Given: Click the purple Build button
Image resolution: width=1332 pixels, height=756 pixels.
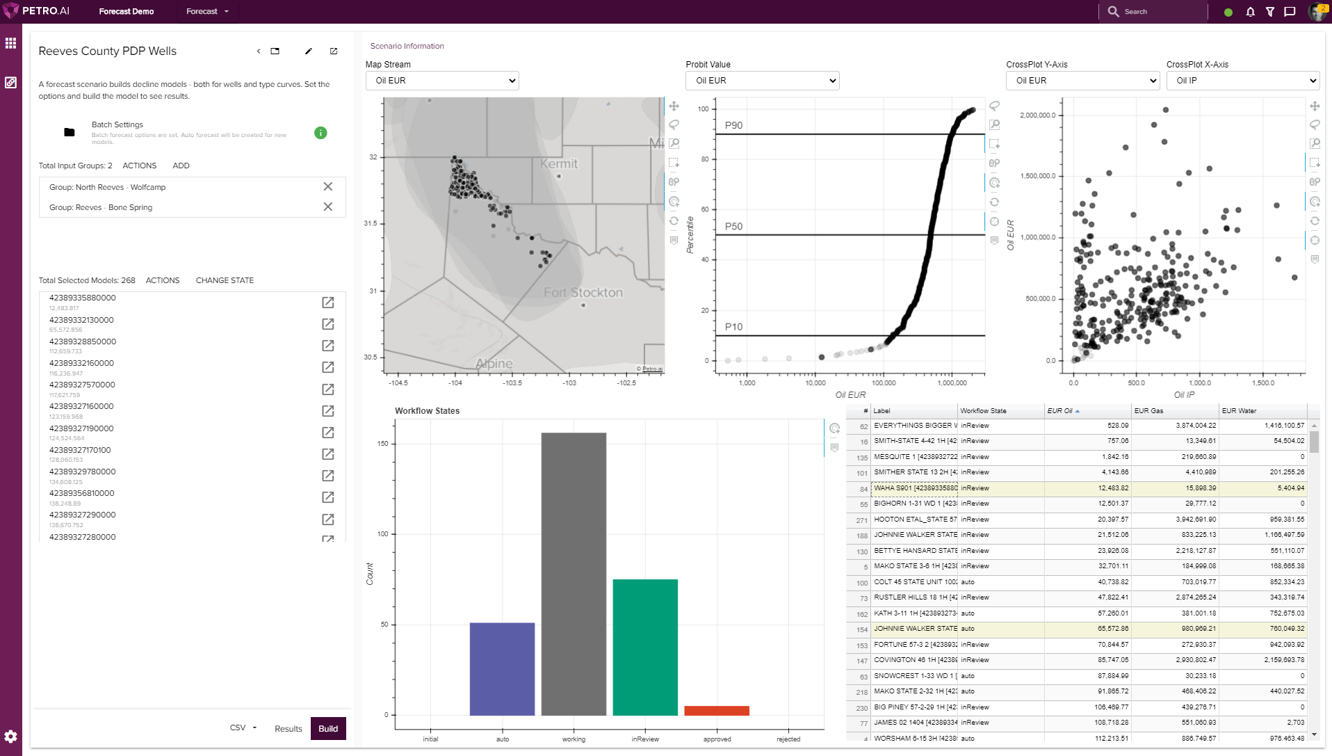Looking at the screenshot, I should click(x=328, y=728).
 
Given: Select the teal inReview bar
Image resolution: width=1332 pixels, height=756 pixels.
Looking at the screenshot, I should click(x=645, y=647).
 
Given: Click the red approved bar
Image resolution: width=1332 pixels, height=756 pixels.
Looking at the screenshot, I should click(x=717, y=710).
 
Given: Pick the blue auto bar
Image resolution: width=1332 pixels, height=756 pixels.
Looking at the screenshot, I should click(x=502, y=668).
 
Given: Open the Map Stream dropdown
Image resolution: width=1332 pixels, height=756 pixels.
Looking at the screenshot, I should click(x=442, y=81).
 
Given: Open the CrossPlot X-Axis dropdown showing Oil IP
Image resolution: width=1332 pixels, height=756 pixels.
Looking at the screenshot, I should click(x=1242, y=81).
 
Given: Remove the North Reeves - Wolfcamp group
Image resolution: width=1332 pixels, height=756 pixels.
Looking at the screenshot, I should click(x=328, y=186).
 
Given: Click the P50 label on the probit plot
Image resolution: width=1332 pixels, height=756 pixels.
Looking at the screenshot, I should click(x=733, y=226).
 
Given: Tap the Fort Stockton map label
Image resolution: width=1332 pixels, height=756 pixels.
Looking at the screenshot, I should click(x=583, y=293).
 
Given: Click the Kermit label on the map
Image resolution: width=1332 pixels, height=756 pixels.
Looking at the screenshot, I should click(x=559, y=163).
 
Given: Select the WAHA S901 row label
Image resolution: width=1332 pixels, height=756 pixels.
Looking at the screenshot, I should click(x=914, y=488).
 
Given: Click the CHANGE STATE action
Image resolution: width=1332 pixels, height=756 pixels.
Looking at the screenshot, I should click(x=225, y=280).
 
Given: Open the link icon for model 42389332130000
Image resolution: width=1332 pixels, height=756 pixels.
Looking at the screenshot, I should click(x=328, y=324).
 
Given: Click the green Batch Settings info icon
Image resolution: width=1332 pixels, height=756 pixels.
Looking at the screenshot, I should click(x=320, y=133).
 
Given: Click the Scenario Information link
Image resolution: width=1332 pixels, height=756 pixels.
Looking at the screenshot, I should click(x=407, y=46).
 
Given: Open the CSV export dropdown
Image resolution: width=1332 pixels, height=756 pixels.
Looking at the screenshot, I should click(x=243, y=727).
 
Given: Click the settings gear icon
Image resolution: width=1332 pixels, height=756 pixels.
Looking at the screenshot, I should click(x=10, y=736).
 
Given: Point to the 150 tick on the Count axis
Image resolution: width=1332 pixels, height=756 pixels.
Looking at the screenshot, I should click(x=383, y=444).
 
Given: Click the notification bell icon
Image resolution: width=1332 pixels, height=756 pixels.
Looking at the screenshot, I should click(x=1250, y=12).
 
